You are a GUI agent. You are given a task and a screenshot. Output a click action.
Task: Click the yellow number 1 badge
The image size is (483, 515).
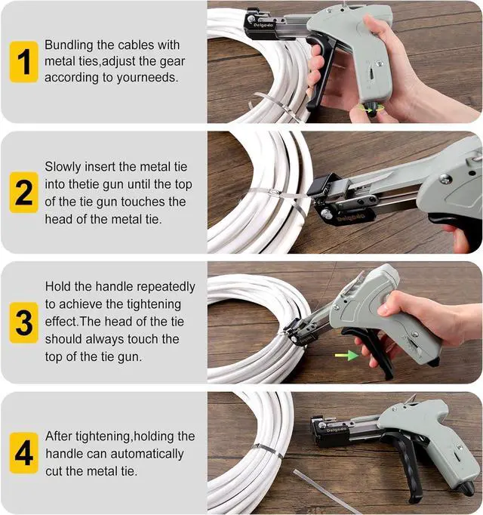coord(24,62)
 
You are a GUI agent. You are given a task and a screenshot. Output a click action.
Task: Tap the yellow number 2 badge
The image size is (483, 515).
coord(24,192)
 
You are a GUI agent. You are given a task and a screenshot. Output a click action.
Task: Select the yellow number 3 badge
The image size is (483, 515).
coord(24,322)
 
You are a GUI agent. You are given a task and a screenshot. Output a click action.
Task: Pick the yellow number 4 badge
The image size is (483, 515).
coord(24,453)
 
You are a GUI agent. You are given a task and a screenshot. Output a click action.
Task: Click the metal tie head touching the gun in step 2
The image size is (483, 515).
coord(273,193)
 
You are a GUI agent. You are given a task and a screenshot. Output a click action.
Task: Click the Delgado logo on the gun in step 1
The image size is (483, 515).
coord(263,25)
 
